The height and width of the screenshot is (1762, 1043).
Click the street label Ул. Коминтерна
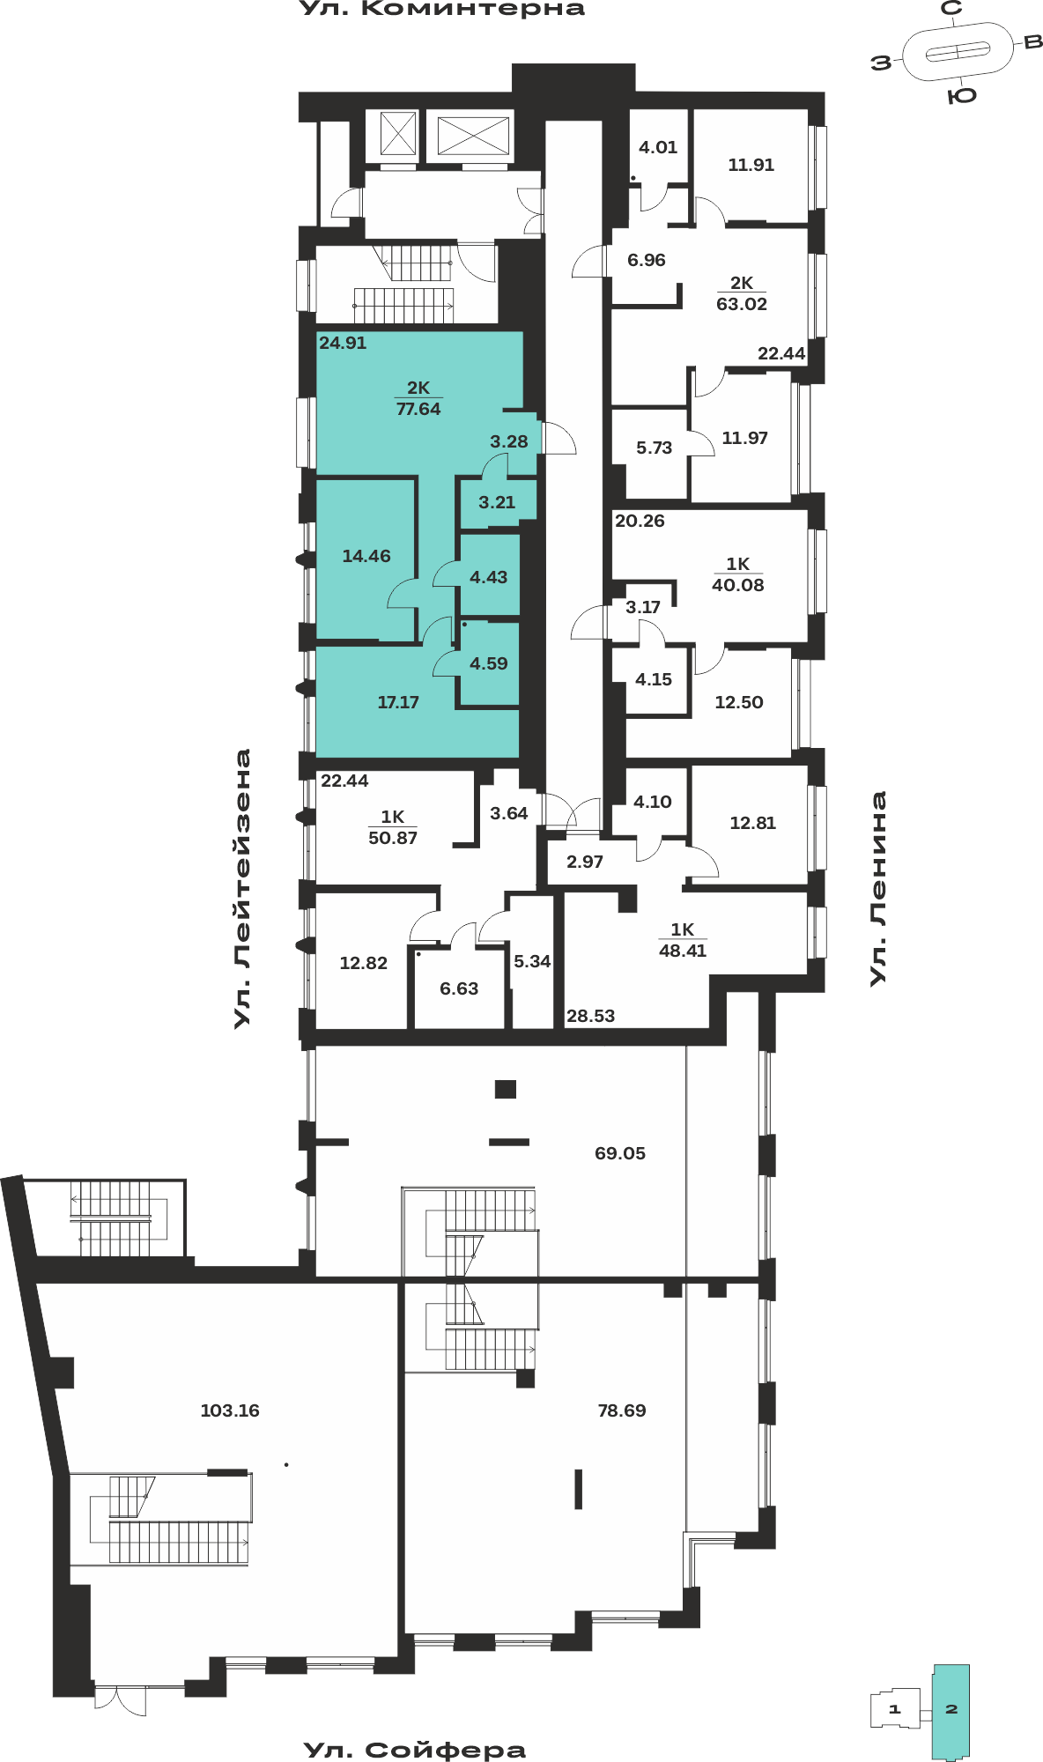442,9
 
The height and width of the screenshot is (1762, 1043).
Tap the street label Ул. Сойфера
415,1750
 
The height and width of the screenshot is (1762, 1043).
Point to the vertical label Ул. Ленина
878,888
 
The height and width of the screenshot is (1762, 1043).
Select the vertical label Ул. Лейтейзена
242,888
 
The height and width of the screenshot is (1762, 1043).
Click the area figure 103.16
230,1410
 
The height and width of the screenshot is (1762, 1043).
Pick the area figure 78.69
622,1410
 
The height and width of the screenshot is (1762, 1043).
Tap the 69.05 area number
620,1153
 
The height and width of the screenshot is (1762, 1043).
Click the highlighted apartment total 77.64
418,409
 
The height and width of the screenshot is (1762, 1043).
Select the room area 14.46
366,556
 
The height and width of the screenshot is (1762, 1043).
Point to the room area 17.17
398,702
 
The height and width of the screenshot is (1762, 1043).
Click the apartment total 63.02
742,304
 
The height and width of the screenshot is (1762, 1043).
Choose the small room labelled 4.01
658,147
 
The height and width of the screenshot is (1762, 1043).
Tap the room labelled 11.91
751,165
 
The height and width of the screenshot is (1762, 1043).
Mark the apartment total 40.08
738,585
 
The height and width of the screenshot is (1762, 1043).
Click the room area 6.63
459,988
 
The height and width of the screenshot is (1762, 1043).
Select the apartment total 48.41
683,951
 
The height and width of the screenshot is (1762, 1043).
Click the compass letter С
951,9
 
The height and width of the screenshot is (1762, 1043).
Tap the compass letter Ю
962,95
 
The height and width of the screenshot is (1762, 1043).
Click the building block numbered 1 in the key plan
895,1709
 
